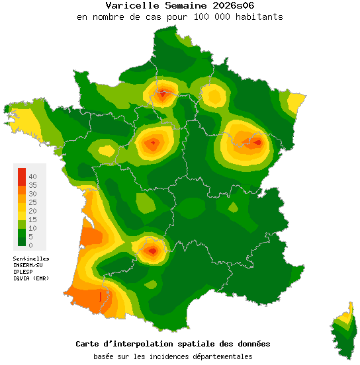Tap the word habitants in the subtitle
pyautogui.click(x=259, y=17)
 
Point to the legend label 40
pyautogui.click(x=32, y=176)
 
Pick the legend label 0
pyautogui.click(x=30, y=245)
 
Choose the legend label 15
pyautogui.click(x=32, y=219)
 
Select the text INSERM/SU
pyautogui.click(x=28, y=265)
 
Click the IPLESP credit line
pyautogui.click(x=23, y=272)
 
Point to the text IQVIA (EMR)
pyautogui.click(x=30, y=278)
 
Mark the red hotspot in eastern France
pyautogui.click(x=256, y=141)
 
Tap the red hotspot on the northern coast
pyautogui.click(x=163, y=95)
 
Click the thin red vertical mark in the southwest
pyautogui.click(x=100, y=297)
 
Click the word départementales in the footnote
pyautogui.click(x=220, y=356)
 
